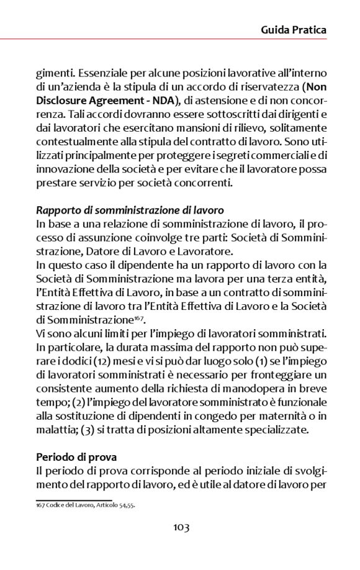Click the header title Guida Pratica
pos(294,29)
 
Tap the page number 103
pos(181,528)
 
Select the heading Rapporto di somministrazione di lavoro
pos(130,210)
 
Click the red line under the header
pos(180,40)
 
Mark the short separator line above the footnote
pos(73,499)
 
